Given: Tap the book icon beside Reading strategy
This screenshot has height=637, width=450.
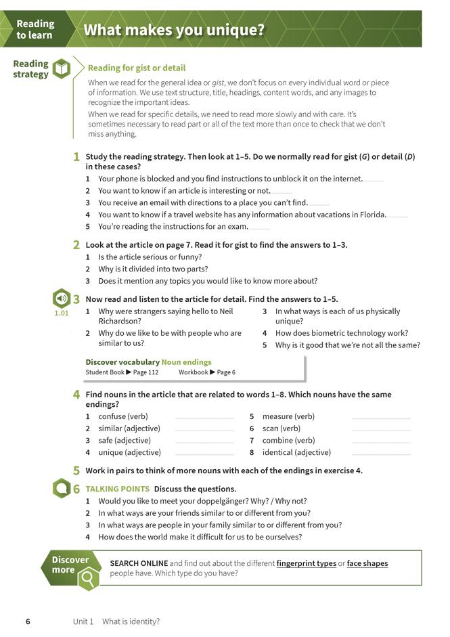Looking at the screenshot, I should point(62,68).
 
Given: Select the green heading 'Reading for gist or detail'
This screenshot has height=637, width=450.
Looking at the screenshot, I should point(136,68).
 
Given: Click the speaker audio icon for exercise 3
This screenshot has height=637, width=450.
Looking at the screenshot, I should point(62,299).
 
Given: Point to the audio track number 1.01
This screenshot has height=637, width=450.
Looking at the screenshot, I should point(61,313).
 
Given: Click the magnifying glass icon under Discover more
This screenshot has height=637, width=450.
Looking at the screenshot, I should point(88,578).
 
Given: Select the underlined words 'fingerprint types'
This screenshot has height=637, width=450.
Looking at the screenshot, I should point(306,563).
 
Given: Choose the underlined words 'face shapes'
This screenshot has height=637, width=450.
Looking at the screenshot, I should point(367,563).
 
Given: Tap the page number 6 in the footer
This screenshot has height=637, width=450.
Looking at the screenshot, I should point(28,621).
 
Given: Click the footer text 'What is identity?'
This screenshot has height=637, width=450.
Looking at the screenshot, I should point(131,621).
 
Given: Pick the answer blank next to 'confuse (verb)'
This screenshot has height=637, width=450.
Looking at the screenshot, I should point(204,418).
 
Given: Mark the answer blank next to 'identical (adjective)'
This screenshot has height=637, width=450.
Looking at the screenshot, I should point(381,454).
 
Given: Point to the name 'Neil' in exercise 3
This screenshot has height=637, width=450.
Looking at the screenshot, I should point(226,311).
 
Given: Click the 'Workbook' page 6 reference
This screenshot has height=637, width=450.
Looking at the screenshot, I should point(206,372).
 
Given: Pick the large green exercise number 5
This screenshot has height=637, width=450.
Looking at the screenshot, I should point(76,470).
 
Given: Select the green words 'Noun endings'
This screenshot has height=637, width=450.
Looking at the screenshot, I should point(186,362).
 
